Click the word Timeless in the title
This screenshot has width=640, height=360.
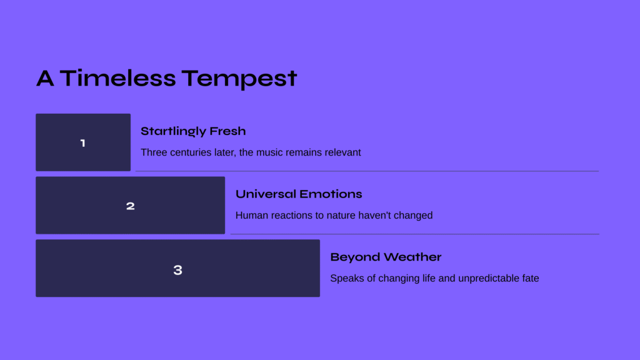tap(118, 78)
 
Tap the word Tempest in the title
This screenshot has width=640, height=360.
tap(239, 79)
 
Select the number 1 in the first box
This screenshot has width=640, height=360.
tap(83, 143)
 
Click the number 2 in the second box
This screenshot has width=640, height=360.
tap(130, 206)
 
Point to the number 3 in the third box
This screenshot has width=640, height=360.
tap(177, 270)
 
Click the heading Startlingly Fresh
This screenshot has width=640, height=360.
tap(193, 131)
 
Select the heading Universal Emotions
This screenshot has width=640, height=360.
tap(299, 194)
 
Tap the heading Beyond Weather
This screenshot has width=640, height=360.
tap(386, 257)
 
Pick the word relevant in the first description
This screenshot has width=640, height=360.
tap(343, 152)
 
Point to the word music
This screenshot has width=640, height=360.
tap(269, 152)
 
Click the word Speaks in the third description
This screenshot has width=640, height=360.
tap(347, 278)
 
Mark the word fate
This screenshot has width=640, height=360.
tap(529, 278)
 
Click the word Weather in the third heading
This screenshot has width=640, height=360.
tap(412, 257)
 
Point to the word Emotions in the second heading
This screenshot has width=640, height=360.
tap(329, 194)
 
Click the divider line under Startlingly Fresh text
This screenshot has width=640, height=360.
tap(367, 171)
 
